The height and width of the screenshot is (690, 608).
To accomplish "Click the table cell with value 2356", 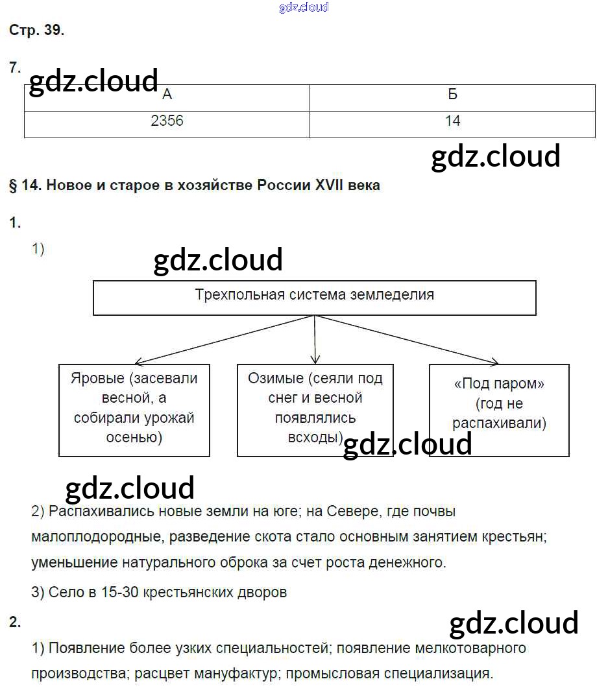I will (167, 121).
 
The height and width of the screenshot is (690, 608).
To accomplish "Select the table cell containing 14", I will (452, 121).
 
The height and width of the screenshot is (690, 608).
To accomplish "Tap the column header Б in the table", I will (452, 95).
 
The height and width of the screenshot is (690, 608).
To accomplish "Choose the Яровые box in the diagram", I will (134, 409).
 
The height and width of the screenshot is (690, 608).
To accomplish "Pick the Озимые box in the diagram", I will (315, 409).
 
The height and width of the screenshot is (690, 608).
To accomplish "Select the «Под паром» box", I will (499, 409).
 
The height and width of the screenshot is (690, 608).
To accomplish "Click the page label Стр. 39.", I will (37, 30).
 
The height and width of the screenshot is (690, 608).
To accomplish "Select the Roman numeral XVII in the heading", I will (333, 185).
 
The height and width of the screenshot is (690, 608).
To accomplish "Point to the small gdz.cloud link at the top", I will (304, 7).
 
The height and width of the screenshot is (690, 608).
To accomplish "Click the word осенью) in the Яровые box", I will (134, 438).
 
